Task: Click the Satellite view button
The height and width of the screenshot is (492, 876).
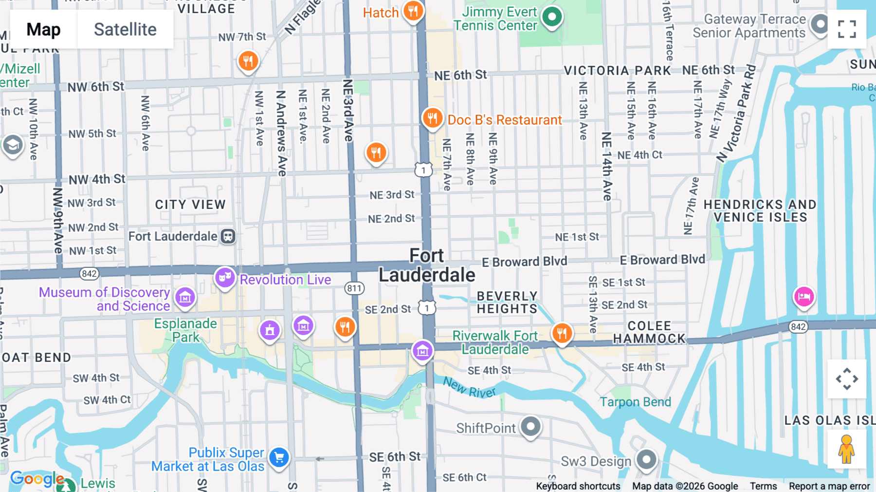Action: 125,29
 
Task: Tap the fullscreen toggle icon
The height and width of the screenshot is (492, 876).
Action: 847,29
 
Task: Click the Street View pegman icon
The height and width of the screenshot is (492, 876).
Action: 846,449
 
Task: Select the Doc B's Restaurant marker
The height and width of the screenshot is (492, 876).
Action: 432,118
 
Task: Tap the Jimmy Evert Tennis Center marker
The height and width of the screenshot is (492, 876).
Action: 552,17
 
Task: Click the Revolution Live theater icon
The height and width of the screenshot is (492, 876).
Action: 225,278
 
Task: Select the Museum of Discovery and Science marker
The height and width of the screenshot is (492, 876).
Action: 185,297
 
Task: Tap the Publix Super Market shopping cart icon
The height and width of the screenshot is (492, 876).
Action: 279,457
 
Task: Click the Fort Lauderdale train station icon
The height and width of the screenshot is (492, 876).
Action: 228,236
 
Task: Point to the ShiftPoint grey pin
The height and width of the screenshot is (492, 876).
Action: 530,426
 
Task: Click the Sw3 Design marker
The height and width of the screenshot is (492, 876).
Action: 646,459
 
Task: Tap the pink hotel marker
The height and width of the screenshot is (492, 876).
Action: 804,296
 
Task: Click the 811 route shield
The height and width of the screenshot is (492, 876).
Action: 354,288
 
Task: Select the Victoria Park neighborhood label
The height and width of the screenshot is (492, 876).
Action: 617,71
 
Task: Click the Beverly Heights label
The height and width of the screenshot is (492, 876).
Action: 507,303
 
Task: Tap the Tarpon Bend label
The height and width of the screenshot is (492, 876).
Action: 635,402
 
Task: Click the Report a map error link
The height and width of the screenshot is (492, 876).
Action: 829,486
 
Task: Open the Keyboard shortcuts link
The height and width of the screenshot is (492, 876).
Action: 578,486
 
